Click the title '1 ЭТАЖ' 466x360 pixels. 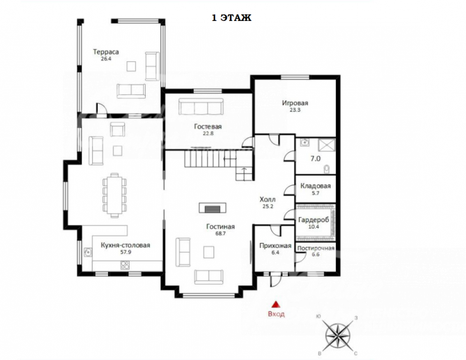[232, 18]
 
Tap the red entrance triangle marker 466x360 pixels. [276, 304]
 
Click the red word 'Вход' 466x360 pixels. [276, 314]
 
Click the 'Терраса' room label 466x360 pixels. [106, 52]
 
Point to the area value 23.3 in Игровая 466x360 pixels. [295, 110]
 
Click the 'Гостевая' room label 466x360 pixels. [208, 127]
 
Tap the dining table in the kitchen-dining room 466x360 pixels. [115, 195]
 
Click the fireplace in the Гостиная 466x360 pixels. [212, 208]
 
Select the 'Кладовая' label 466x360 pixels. [315, 186]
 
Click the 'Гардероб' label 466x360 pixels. [314, 220]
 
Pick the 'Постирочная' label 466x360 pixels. [315, 248]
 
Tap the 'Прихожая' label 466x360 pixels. [275, 246]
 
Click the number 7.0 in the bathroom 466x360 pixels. [315, 159]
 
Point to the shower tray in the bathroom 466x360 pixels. [327, 146]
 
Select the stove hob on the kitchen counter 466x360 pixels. [125, 265]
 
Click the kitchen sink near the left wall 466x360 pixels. [88, 252]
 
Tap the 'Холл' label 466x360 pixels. [267, 199]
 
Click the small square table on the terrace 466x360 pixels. [131, 66]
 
